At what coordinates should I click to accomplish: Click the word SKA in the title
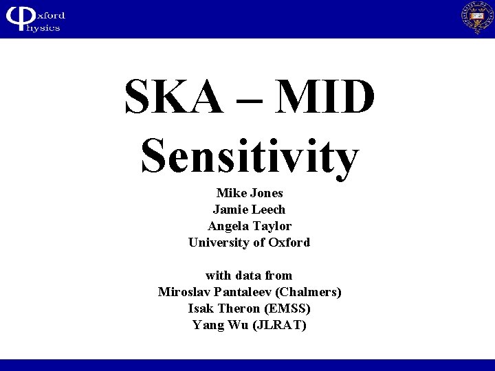pyautogui.click(x=174, y=98)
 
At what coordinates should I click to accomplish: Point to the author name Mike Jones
pyautogui.click(x=250, y=193)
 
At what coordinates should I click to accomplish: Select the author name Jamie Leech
pyautogui.click(x=249, y=210)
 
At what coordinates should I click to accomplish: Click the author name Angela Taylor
pyautogui.click(x=250, y=226)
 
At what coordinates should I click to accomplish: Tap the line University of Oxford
pyautogui.click(x=249, y=243)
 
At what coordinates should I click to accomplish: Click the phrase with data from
pyautogui.click(x=249, y=276)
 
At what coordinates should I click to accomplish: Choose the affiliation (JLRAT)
pyautogui.click(x=280, y=325)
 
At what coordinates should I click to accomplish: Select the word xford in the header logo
pyautogui.click(x=48, y=14)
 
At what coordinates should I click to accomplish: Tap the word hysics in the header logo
pyautogui.click(x=45, y=27)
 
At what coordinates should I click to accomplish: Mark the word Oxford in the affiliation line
pyautogui.click(x=289, y=243)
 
